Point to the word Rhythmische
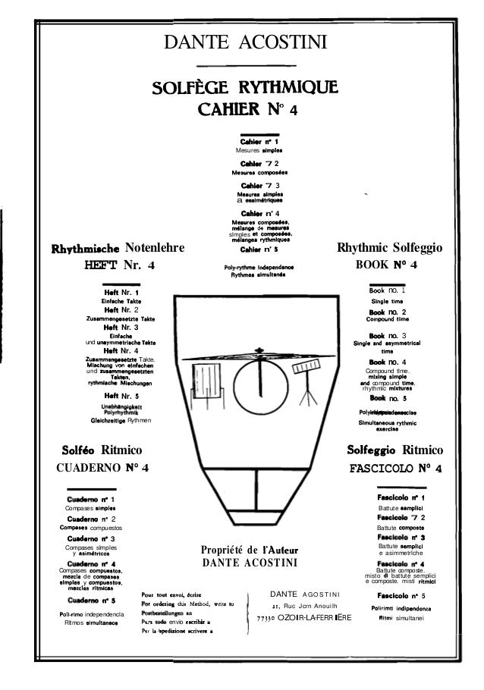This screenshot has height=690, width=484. (83, 246)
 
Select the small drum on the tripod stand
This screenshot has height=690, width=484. (307, 372)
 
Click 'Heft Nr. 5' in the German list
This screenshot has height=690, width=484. (121, 396)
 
